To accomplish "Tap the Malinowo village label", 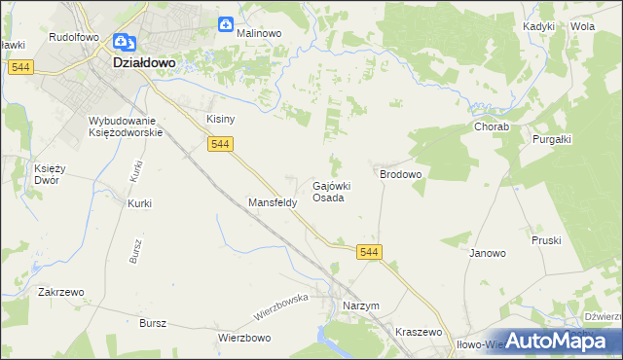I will click(x=259, y=32).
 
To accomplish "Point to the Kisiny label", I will click(x=220, y=119).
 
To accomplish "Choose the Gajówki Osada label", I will click(x=331, y=191).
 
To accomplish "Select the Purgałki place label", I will click(x=551, y=139).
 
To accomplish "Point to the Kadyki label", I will click(x=538, y=27).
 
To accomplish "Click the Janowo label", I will click(x=488, y=253).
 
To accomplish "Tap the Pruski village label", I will click(x=546, y=239).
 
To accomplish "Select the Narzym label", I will click(x=361, y=306).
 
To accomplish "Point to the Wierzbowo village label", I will click(x=243, y=338).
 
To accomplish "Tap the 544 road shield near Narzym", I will click(x=369, y=252).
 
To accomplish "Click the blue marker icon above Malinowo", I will click(x=227, y=23).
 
